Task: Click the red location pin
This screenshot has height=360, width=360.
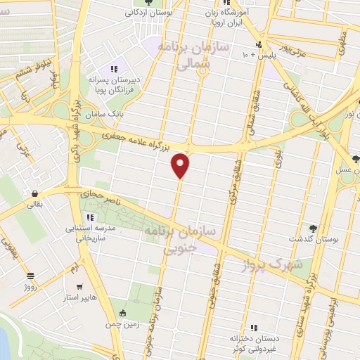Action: (181, 165)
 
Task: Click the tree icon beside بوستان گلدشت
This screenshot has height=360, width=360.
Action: (313, 229)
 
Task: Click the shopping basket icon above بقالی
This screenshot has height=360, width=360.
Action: (34, 195)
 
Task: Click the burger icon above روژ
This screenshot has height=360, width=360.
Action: (30, 276)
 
